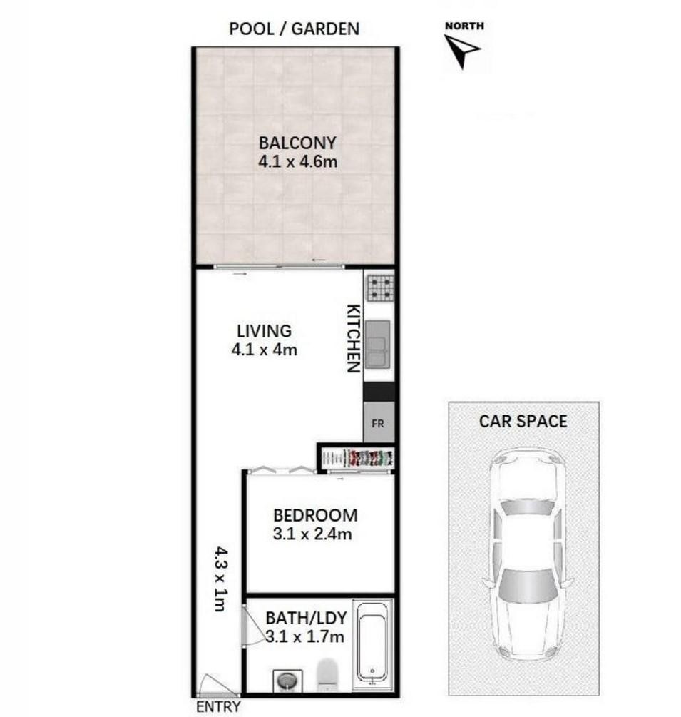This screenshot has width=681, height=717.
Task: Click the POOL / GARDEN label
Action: tap(294, 29)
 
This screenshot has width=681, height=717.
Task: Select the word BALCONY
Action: tap(297, 143)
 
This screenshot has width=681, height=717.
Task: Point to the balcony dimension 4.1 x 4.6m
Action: tap(297, 161)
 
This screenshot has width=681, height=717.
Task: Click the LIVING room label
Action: tap(264, 331)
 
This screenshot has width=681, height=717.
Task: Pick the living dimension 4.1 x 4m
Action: tap(264, 350)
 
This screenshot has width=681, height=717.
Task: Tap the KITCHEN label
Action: tap(354, 338)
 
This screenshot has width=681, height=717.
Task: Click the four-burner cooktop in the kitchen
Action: tap(380, 288)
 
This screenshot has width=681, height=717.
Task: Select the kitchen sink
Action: tap(378, 344)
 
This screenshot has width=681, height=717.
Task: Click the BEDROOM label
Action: tap(315, 515)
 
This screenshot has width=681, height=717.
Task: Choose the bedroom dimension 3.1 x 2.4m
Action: tap(312, 534)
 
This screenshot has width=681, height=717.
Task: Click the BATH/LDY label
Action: tap(306, 619)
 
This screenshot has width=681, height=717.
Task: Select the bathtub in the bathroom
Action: tap(374, 645)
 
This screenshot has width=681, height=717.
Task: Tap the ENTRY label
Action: tap(218, 706)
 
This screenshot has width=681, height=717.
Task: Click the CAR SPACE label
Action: tap(523, 421)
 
